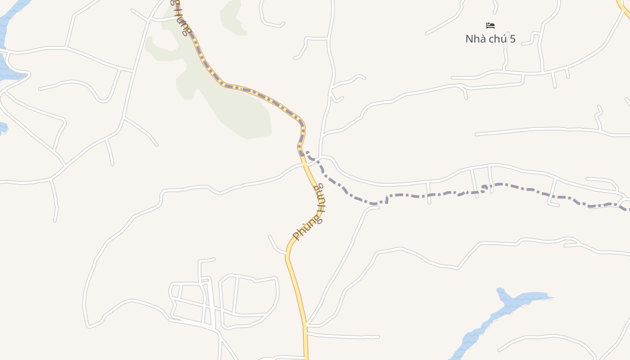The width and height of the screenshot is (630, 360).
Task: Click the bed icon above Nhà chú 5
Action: (x=490, y=26)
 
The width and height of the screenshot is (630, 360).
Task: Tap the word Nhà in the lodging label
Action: (x=476, y=39)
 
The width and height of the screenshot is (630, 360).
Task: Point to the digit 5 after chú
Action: (x=512, y=39)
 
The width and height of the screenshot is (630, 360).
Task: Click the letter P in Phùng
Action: (x=296, y=236)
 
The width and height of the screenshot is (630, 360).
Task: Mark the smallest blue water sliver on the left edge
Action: (x=2, y=128)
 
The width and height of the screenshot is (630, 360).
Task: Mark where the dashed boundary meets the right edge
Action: (x=627, y=208)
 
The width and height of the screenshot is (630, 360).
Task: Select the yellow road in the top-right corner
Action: (x=625, y=9)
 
